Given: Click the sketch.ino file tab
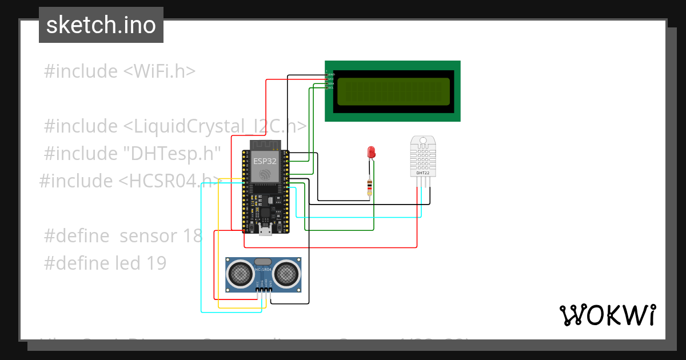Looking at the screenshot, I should (x=101, y=25).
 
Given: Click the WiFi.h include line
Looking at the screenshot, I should (x=119, y=71).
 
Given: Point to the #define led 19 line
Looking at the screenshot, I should (x=105, y=263).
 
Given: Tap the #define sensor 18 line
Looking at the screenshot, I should (x=123, y=235).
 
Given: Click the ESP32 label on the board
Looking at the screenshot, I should (x=265, y=161).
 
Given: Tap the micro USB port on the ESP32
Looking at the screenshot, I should (x=265, y=230).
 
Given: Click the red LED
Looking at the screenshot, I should (x=371, y=152).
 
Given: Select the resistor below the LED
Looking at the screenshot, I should (x=370, y=186).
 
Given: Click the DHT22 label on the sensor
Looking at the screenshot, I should (x=423, y=173).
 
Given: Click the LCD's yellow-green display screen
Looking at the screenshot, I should (x=393, y=91).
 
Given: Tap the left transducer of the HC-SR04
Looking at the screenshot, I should (x=241, y=273).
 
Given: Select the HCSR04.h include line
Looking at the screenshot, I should (x=130, y=181).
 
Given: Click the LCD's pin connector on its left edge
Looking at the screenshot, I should (x=329, y=79).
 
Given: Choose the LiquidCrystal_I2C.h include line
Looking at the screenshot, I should (x=175, y=126).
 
